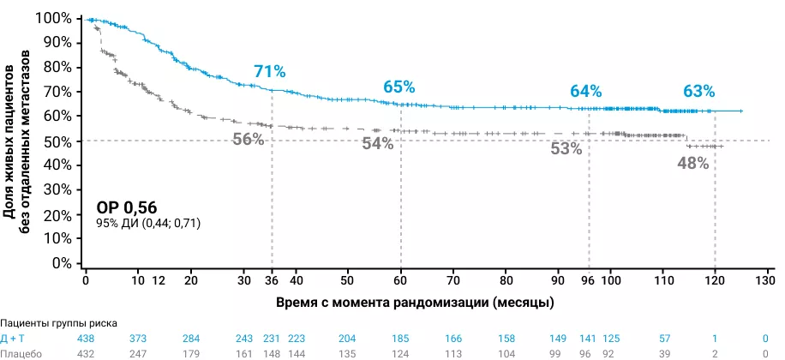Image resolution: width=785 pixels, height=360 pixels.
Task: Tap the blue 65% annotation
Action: click(x=399, y=87)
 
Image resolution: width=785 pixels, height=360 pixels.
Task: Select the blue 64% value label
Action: click(x=587, y=91)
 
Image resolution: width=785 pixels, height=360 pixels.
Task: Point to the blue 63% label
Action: click(x=698, y=91)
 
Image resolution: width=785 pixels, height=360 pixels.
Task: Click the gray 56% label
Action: click(x=249, y=140)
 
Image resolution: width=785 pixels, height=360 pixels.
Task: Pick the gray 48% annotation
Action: click(x=693, y=163)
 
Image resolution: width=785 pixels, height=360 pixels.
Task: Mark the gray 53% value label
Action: click(x=566, y=148)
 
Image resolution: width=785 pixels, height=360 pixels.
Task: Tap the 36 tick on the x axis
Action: click(x=272, y=280)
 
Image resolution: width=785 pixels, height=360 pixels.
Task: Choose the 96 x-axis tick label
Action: click(x=589, y=280)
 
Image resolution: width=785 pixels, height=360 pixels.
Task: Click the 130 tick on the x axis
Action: click(x=765, y=280)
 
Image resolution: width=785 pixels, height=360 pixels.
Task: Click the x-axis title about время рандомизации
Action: click(x=414, y=303)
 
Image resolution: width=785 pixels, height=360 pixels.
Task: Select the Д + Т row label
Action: click(x=15, y=339)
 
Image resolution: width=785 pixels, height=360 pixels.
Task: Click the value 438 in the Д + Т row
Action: click(x=87, y=339)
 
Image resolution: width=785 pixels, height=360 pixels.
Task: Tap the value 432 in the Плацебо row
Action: click(x=87, y=353)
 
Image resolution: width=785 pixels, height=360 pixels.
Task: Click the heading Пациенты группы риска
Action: click(x=57, y=323)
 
